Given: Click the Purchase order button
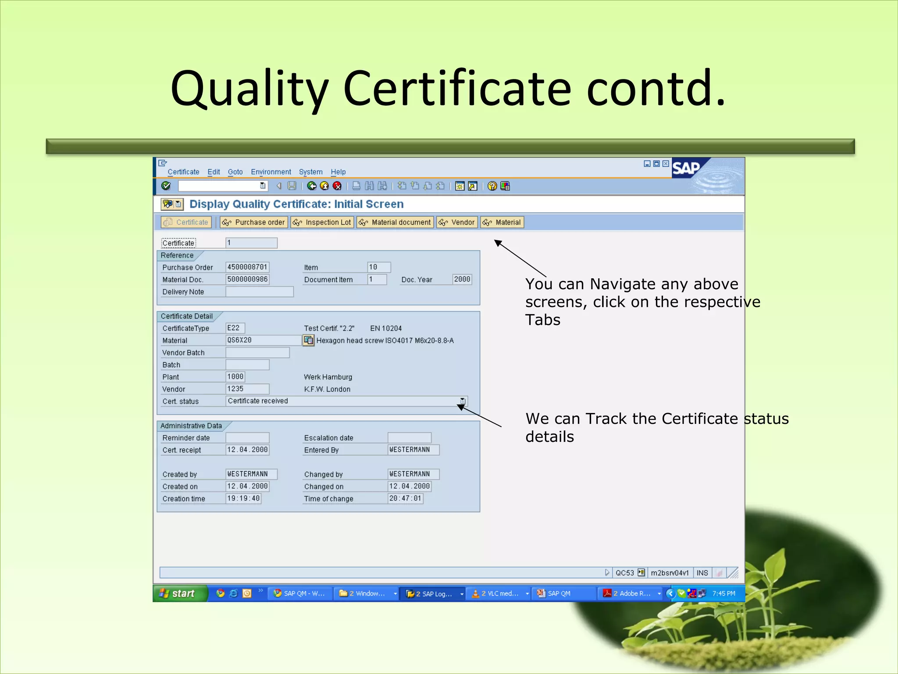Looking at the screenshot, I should pos(254,222).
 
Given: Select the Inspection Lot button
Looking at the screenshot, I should pos(322,222).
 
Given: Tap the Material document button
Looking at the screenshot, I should pos(395,222).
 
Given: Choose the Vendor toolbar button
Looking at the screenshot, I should pos(457,222).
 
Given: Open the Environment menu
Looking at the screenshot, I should pos(271,172).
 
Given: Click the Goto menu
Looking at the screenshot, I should pos(235,172).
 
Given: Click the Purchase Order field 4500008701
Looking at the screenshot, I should pos(247,267).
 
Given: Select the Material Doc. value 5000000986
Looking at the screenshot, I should pos(247,280).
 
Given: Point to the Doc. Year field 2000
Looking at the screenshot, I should pos(462,280).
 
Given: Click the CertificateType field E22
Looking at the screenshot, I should pos(235,328).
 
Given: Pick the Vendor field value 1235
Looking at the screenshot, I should pos(247,389).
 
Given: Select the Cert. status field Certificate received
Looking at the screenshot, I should pos(342,401).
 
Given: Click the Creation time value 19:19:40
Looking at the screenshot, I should pos(243,499).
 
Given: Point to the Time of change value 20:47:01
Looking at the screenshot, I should pos(405,499).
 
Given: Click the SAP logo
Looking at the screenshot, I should pos(686,168).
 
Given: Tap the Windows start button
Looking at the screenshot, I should pos(179,594).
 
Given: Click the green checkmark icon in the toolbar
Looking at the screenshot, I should pos(166,186).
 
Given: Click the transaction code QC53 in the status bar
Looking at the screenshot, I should pos(624,573).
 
